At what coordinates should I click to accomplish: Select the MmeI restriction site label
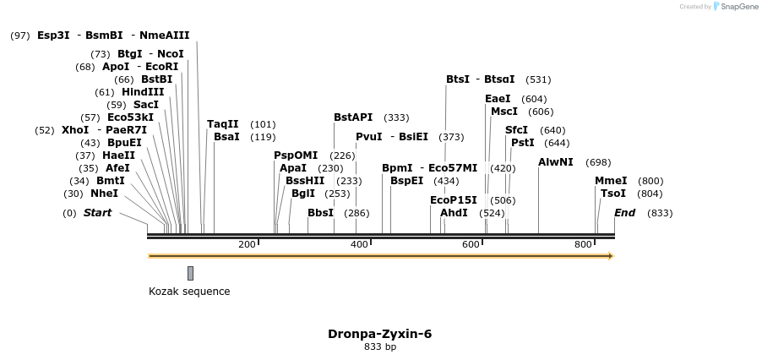pyautogui.click(x=611, y=181)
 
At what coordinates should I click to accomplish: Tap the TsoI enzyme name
pyautogui.click(x=613, y=194)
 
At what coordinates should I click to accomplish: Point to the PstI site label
pyautogui.click(x=523, y=143)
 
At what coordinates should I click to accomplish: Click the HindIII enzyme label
pyautogui.click(x=142, y=92)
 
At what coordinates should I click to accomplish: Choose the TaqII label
pyautogui.click(x=223, y=124)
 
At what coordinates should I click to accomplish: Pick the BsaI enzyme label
pyautogui.click(x=226, y=137)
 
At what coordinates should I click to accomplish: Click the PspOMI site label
pyautogui.click(x=296, y=155)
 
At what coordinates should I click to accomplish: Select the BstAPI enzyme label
pyautogui.click(x=353, y=117)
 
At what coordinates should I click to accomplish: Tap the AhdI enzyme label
pyautogui.click(x=454, y=213)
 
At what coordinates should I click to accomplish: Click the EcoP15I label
pyautogui.click(x=454, y=200)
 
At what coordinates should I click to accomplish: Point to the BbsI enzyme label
pyautogui.click(x=320, y=213)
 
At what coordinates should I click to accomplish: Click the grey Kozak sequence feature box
pyautogui.click(x=191, y=273)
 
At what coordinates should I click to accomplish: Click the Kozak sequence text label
pyautogui.click(x=189, y=292)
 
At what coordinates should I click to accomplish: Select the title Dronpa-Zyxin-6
pyautogui.click(x=380, y=334)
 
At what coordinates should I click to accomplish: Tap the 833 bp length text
pyautogui.click(x=380, y=346)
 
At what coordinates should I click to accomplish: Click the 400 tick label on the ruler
pyautogui.click(x=360, y=245)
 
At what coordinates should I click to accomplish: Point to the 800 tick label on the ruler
pyautogui.click(x=584, y=245)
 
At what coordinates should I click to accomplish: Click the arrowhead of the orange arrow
pyautogui.click(x=610, y=255)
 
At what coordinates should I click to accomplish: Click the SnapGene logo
pyautogui.click(x=734, y=7)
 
